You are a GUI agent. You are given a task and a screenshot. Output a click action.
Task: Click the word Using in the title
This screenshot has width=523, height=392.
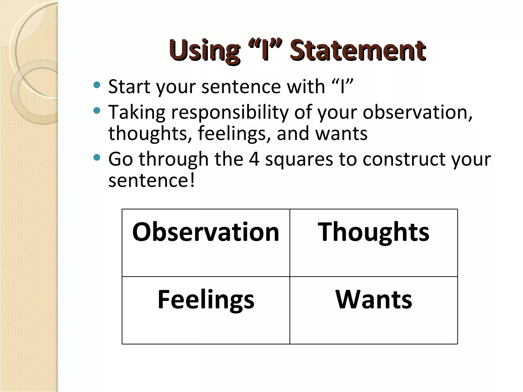coord(204,51)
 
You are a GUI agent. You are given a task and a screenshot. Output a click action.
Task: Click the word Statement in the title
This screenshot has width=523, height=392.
coord(358,50)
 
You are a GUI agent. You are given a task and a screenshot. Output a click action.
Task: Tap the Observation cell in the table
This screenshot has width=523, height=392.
coord(206,242)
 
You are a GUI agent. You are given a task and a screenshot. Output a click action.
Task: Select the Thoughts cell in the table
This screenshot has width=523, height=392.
coord(373,242)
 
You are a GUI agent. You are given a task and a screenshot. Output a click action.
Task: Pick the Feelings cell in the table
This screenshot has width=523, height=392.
coord(206,310)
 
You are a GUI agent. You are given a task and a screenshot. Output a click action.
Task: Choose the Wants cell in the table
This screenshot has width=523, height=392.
coord(373,310)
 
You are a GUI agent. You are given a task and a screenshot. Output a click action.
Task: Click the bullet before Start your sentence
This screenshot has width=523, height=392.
coord(97,85)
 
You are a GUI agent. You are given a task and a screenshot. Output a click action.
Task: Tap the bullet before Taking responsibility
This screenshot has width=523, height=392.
coord(97,111)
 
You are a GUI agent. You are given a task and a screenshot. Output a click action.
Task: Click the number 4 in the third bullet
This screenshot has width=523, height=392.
coord(254,159)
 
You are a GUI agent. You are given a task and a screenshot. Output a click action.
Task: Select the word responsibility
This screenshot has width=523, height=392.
coord(230,113)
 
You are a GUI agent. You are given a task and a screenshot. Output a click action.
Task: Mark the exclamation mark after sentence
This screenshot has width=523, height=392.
coord(192,180)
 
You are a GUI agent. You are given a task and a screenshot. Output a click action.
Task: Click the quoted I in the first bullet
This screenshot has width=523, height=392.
coord(343,86)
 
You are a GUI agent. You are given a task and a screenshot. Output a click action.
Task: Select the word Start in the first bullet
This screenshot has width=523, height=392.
coord(129,86)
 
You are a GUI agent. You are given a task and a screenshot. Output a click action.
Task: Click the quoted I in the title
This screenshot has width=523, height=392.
coord(266,50)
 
